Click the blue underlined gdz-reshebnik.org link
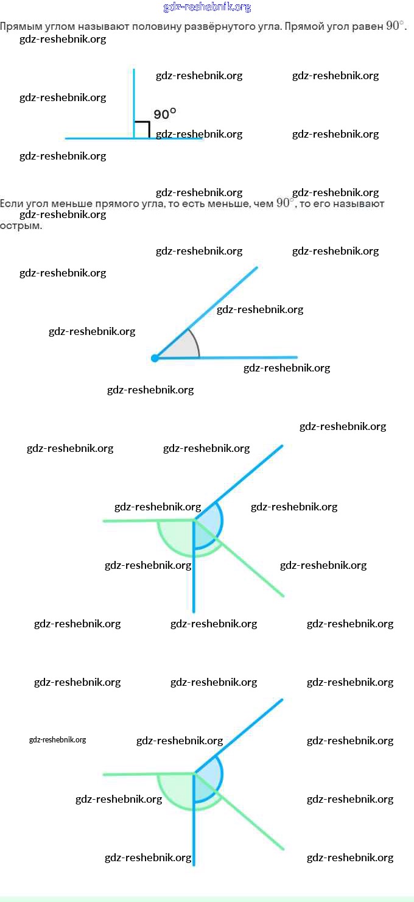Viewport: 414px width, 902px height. pyautogui.click(x=207, y=7)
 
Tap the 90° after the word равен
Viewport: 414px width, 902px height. pyautogui.click(x=395, y=26)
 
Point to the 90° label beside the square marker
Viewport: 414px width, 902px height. pyautogui.click(x=164, y=114)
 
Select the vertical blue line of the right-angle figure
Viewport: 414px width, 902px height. pyautogui.click(x=134, y=97)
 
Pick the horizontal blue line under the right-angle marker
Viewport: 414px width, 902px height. pyautogui.click(x=97, y=138)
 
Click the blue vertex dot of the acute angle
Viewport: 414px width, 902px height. pyautogui.click(x=155, y=358)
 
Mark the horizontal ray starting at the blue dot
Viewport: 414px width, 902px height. pyautogui.click(x=256, y=358)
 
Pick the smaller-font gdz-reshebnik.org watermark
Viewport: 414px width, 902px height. pyautogui.click(x=57, y=740)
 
